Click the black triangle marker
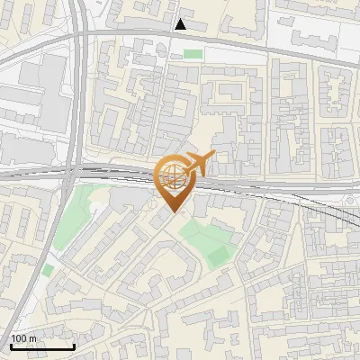[x=181, y=24]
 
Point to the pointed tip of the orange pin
[x=173, y=213]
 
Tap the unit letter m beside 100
[x=33, y=338]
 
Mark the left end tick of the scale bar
[x=10, y=346]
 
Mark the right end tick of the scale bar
[x=74, y=346]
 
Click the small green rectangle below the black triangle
[x=193, y=54]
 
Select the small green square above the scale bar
[x=48, y=269]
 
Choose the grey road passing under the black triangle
[x=135, y=35]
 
